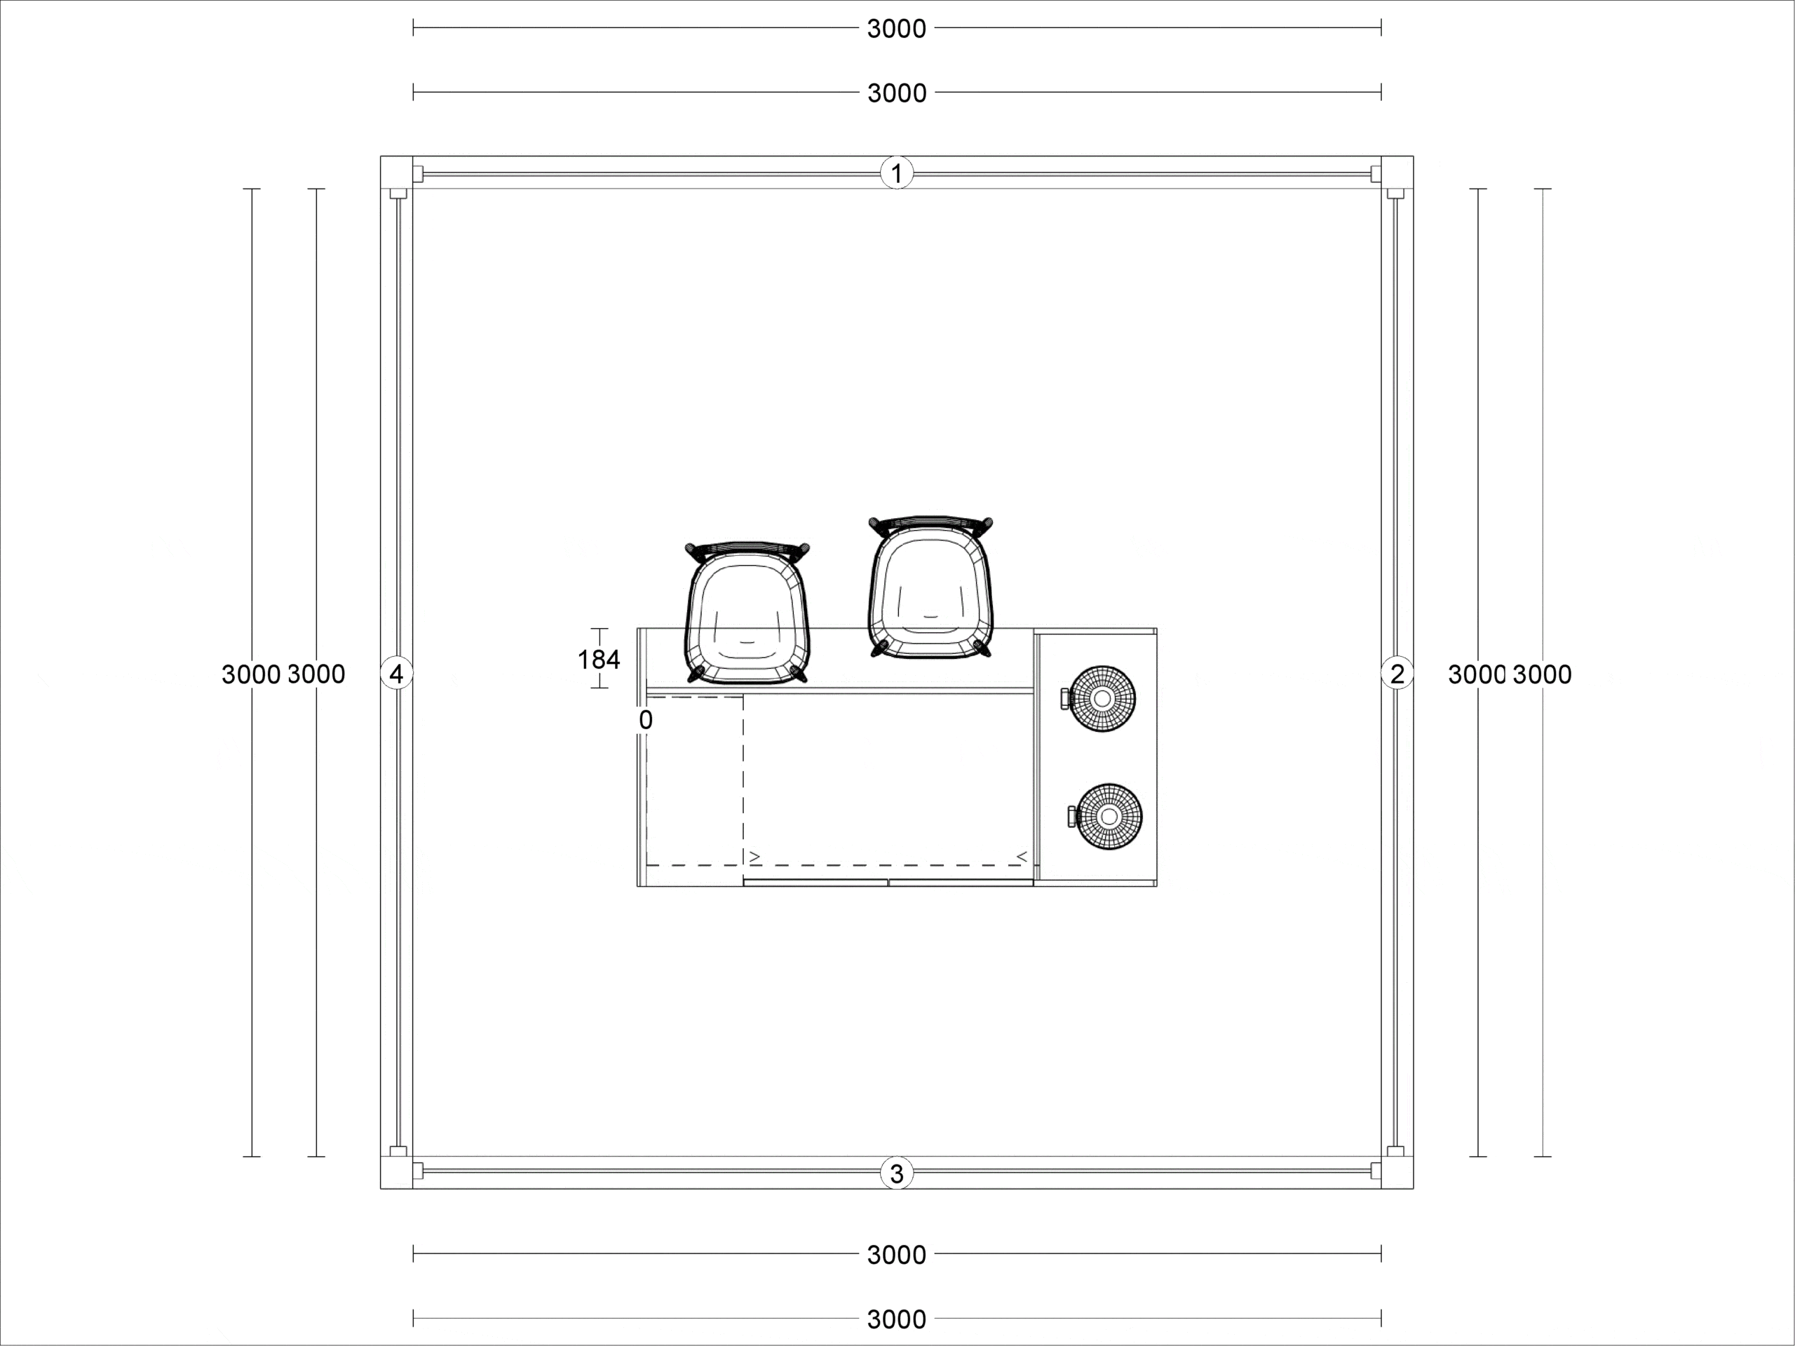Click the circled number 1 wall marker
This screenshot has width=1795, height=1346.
897,173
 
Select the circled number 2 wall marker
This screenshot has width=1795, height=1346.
1397,674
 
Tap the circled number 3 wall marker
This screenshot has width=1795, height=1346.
897,1173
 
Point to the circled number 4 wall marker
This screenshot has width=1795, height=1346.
397,674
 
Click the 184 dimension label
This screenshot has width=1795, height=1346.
599,660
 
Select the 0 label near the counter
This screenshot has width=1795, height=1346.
646,720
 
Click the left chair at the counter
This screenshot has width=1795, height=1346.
747,613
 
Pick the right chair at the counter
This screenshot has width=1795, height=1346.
930,587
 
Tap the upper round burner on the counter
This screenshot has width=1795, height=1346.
1100,698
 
